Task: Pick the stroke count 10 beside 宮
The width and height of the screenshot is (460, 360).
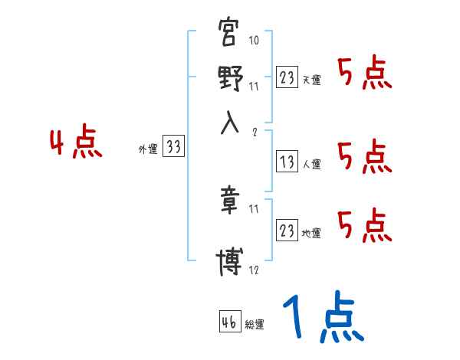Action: (x=254, y=41)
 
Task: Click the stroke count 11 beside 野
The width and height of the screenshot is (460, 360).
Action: (x=254, y=86)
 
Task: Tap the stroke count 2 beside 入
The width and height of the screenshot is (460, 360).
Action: (x=254, y=132)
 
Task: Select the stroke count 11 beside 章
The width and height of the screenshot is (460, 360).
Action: (x=254, y=208)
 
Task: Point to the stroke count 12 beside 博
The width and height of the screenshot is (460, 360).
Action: (x=254, y=270)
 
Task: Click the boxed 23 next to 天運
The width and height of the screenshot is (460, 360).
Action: (x=287, y=77)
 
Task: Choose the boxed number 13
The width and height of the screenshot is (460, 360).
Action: (x=287, y=162)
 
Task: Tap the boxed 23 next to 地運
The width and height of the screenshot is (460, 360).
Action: (x=287, y=231)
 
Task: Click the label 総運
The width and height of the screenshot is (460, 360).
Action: (x=255, y=325)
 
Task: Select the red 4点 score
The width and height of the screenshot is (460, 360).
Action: (x=75, y=145)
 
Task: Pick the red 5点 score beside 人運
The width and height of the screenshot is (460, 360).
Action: (x=365, y=157)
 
